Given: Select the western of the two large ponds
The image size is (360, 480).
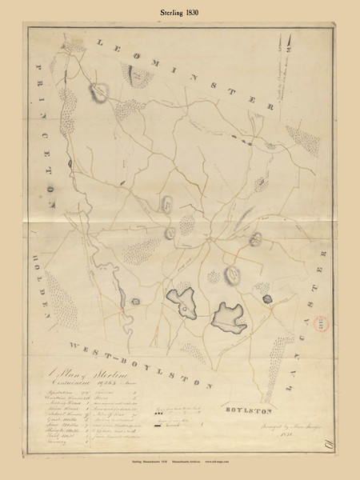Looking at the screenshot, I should tap(184, 302).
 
